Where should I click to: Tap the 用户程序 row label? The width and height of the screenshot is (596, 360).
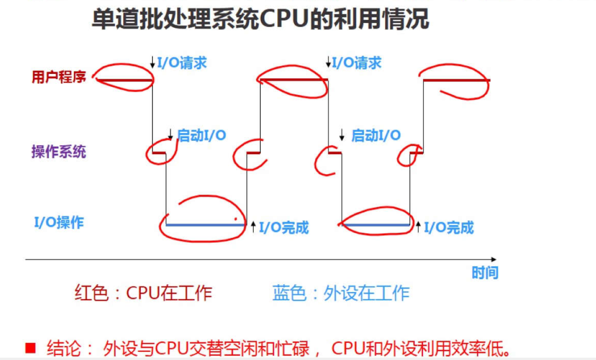click(59, 77)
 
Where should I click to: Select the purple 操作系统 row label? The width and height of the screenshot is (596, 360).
click(59, 152)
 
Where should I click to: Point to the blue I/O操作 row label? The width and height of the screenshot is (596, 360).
click(59, 223)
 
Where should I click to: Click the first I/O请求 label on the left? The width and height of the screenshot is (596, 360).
click(182, 63)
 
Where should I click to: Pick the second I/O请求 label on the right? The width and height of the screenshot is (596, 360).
click(356, 63)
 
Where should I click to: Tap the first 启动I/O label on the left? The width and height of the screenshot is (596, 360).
click(201, 136)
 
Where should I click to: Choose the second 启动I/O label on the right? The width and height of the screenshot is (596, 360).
click(376, 136)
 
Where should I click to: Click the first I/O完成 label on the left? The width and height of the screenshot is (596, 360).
click(284, 227)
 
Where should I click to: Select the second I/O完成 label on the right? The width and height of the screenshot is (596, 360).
click(449, 227)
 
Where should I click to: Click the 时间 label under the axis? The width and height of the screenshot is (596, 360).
click(485, 273)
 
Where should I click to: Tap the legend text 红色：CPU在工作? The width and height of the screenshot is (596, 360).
click(143, 293)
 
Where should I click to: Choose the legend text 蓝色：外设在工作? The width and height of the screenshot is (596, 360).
click(341, 293)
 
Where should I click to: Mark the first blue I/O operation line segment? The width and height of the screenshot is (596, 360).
click(206, 225)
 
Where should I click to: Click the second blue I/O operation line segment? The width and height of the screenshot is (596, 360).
click(374, 225)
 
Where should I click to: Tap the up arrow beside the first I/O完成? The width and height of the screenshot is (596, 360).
click(253, 227)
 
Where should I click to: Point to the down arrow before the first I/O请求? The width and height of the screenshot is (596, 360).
click(153, 62)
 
